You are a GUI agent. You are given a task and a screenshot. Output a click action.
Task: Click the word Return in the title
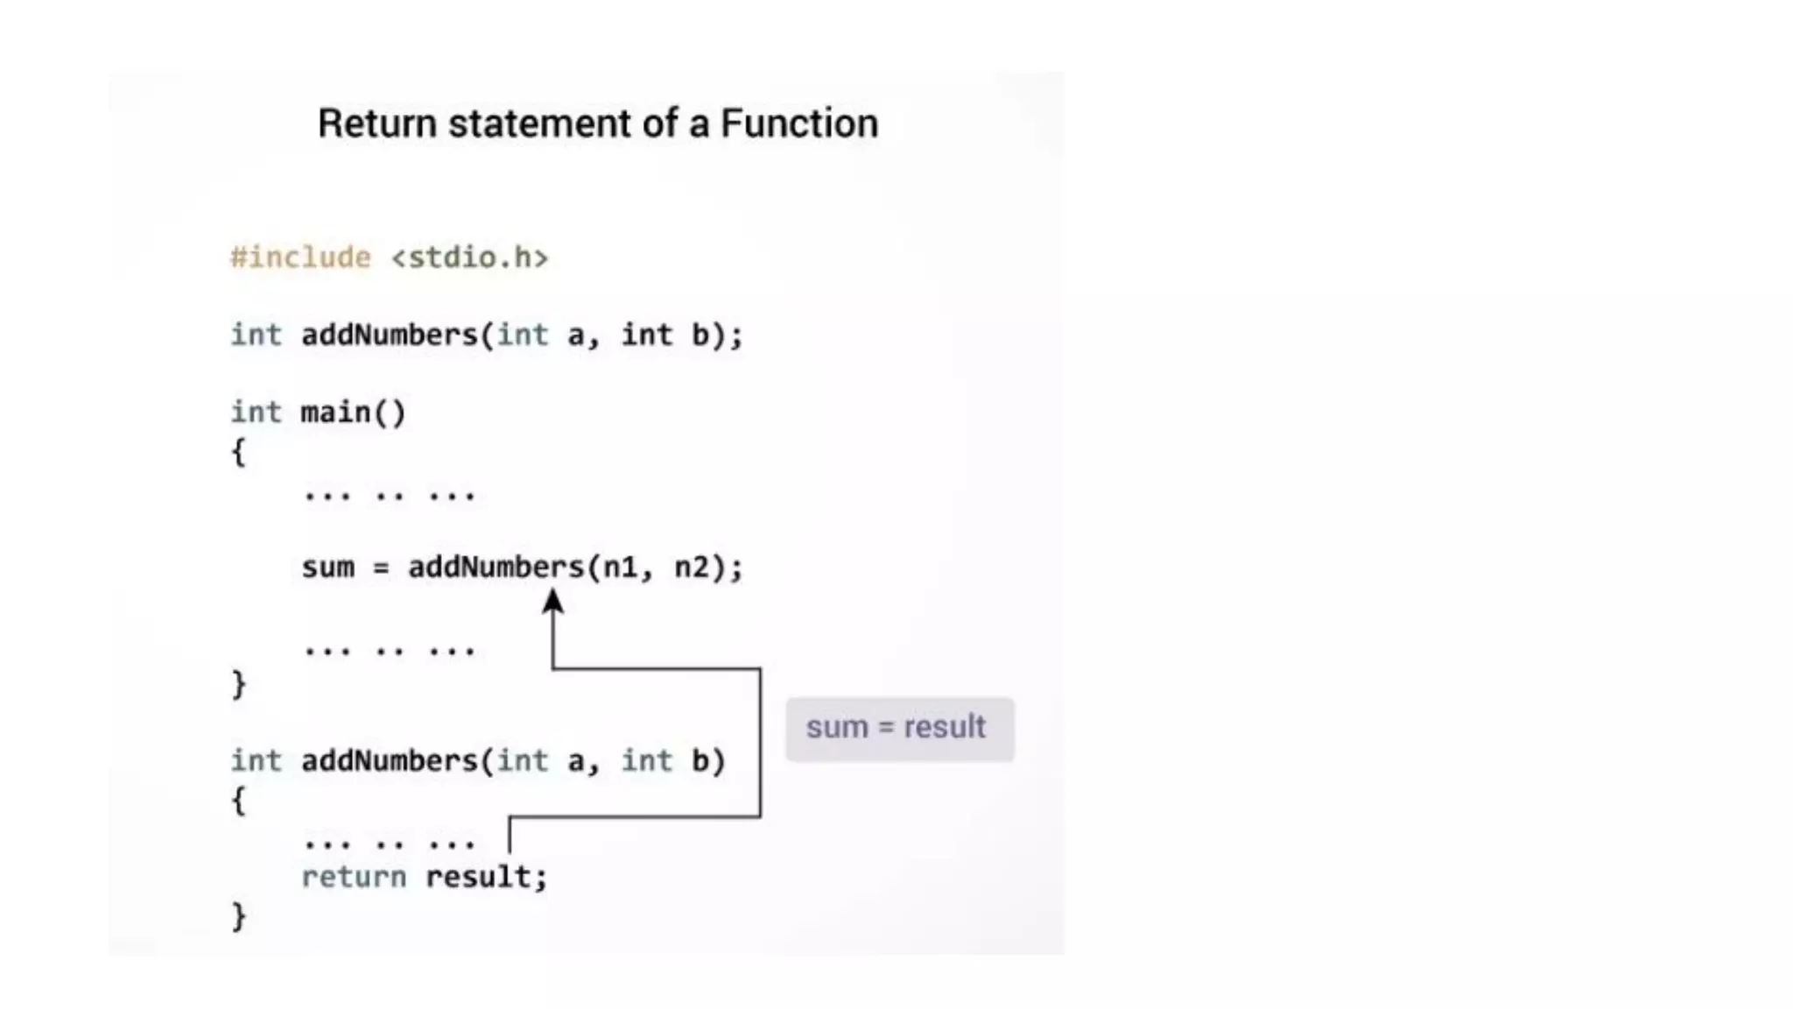pos(376,123)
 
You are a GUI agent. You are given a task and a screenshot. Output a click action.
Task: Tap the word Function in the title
pos(798,123)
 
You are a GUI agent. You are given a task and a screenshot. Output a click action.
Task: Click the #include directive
pos(300,258)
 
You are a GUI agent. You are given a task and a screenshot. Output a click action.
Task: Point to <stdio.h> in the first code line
pos(469,258)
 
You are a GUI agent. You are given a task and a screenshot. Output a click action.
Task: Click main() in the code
pos(353,413)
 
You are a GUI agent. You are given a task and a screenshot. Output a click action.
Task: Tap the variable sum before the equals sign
pos(327,568)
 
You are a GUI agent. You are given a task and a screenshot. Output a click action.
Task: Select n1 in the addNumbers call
pos(621,568)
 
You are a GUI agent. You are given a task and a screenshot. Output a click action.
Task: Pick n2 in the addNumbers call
pos(692,568)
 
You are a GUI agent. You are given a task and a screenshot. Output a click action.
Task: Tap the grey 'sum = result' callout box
pos(899,729)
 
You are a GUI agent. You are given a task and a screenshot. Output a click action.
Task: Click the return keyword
pos(353,877)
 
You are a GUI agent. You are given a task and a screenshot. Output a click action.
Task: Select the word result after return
pos(478,877)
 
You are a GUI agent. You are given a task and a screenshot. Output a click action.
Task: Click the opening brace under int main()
pos(238,453)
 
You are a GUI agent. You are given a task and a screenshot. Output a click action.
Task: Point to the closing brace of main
pos(238,684)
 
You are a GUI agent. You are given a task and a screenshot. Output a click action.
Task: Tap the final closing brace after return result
pos(238,916)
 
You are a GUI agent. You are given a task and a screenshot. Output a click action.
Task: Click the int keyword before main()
pos(256,413)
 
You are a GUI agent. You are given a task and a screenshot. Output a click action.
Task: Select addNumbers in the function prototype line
pos(389,335)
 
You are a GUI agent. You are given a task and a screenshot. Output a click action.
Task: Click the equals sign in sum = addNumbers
pos(380,568)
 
